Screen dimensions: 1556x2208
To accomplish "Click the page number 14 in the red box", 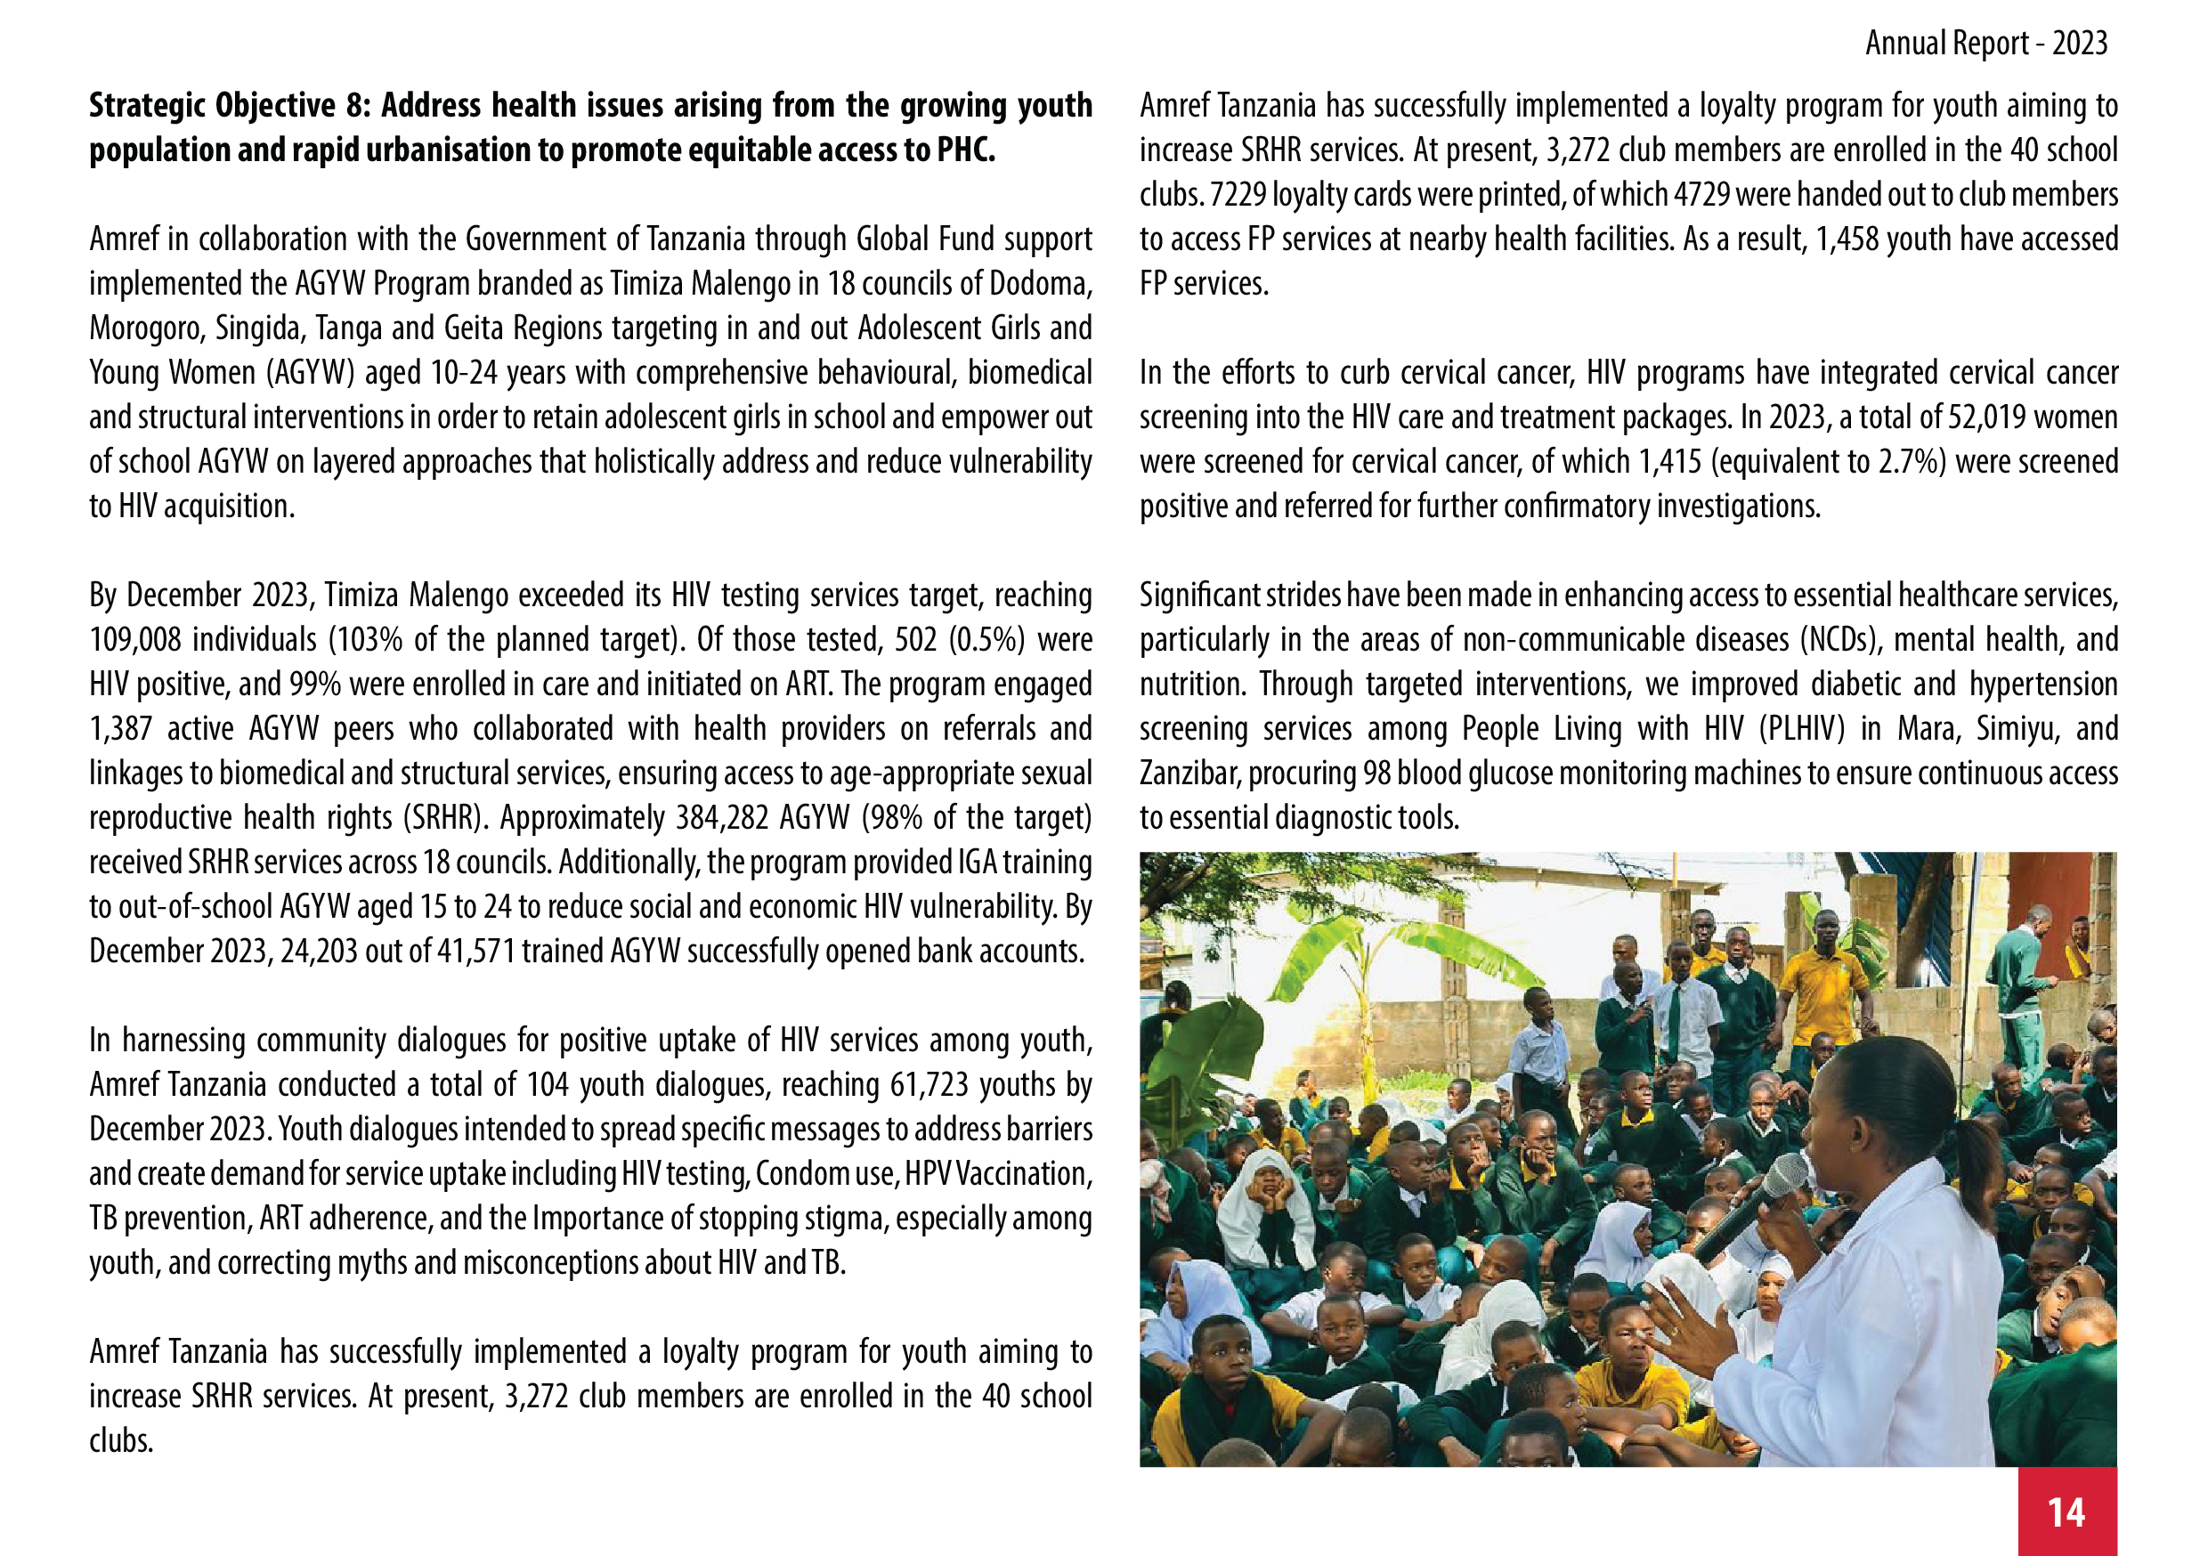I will point(2066,1512).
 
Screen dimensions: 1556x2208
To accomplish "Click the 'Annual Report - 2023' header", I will point(1985,44).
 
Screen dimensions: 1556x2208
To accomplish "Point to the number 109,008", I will point(135,639).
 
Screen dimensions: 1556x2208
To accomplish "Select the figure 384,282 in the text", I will point(722,817).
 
